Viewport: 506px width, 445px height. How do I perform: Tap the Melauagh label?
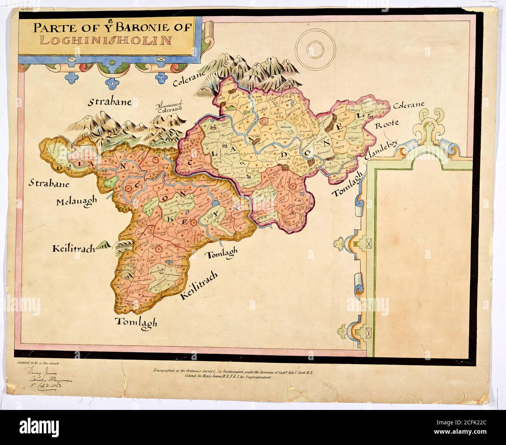(76, 202)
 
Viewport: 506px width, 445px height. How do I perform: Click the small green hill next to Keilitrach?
(104, 244)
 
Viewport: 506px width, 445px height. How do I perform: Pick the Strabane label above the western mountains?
(109, 102)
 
